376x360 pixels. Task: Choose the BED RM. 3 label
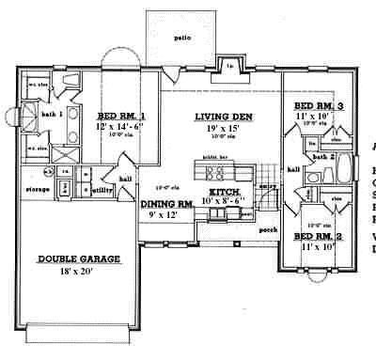(318, 106)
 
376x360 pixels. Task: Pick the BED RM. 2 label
(318, 236)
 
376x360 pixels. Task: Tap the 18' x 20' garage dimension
(74, 272)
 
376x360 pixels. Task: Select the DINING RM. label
(167, 204)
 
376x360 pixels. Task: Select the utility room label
(102, 190)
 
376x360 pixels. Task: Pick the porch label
(267, 228)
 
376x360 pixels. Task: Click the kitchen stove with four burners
(211, 172)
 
